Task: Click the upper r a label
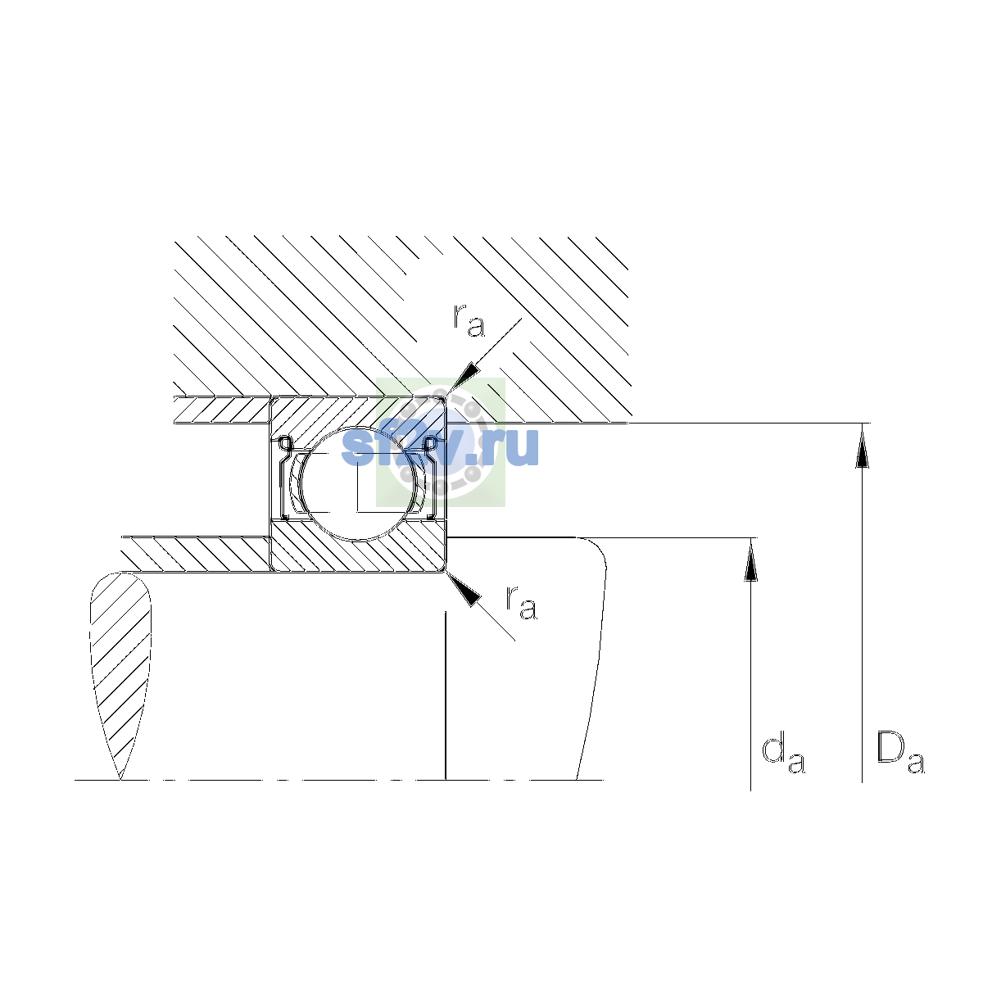(469, 320)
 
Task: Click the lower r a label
(521, 602)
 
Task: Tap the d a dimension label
(783, 755)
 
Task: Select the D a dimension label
(899, 753)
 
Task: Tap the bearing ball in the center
(359, 483)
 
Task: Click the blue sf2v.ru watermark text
(440, 446)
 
